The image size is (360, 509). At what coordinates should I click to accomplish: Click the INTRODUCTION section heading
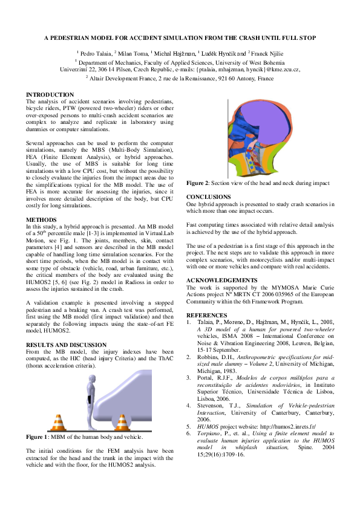point(50,95)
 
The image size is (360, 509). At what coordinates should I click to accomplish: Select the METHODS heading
point(42,220)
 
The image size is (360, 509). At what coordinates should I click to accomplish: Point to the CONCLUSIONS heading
point(208,197)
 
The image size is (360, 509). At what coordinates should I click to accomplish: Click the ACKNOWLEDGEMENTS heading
point(221,280)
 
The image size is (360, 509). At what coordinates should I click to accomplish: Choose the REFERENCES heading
point(206,316)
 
